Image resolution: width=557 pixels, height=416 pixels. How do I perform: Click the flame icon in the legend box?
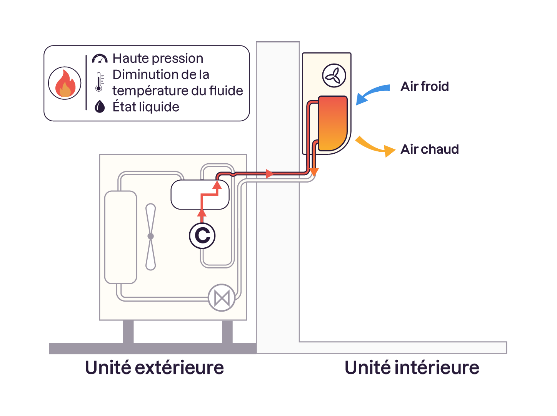[x=65, y=83]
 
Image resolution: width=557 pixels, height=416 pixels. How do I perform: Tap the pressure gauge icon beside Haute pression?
[x=100, y=59]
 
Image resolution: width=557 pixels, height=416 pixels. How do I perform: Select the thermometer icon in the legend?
[x=99, y=82]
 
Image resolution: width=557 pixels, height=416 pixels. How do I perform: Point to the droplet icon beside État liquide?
[x=100, y=107]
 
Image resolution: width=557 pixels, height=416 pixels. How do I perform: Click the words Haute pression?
[x=158, y=59]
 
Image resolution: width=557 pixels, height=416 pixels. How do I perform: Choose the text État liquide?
[x=146, y=107]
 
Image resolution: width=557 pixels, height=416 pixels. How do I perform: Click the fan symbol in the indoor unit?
[x=334, y=75]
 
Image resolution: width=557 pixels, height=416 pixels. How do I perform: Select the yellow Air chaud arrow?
[x=375, y=147]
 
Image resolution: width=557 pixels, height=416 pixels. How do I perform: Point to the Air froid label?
[x=425, y=86]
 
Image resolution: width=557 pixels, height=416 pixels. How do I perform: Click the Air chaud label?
[x=430, y=149]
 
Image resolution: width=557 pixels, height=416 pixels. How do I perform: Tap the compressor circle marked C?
[x=202, y=236]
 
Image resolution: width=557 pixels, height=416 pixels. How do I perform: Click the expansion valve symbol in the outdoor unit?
[x=222, y=298]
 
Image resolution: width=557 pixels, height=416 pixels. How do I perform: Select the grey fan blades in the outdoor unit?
[x=151, y=237]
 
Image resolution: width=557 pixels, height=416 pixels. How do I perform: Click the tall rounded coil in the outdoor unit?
[x=121, y=237]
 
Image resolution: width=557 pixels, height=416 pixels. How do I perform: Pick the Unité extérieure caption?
[x=154, y=367]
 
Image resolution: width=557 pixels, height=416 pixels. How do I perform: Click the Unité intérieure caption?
[x=412, y=367]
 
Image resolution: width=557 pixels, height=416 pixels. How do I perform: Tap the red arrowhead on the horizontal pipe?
[x=270, y=174]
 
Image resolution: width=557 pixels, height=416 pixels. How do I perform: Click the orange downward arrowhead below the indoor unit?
[x=314, y=172]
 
